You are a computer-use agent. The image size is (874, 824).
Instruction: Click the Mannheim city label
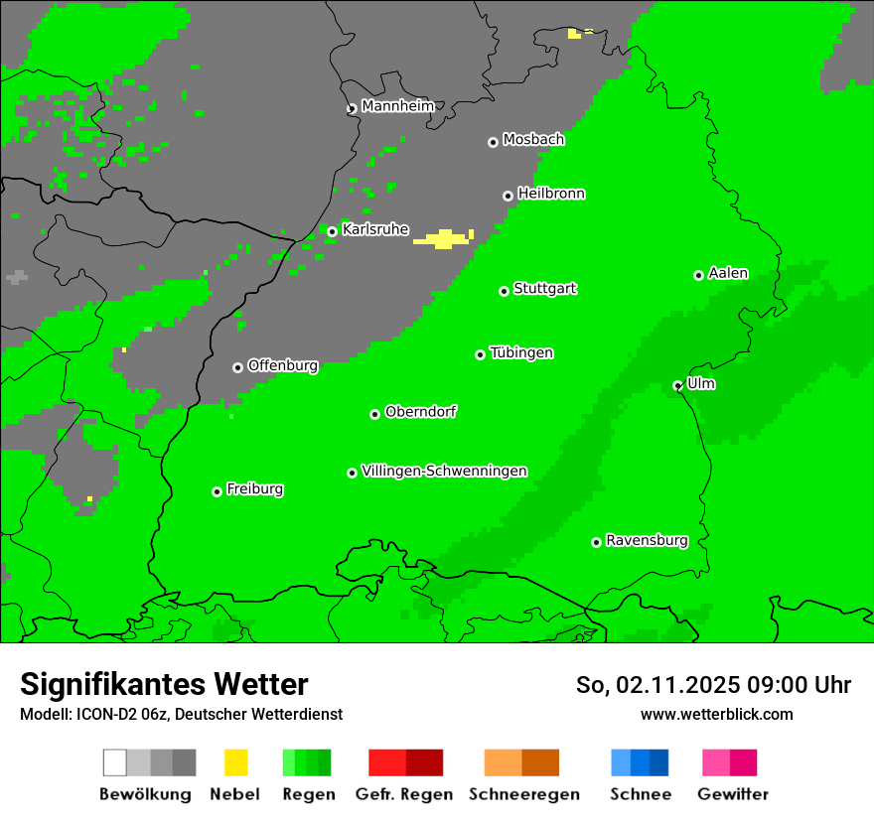click(x=397, y=106)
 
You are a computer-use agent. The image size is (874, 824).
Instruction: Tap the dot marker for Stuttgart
click(x=505, y=291)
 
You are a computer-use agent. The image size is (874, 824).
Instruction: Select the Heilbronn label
click(x=551, y=194)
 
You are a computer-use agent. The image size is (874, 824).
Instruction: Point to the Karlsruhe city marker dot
click(x=333, y=231)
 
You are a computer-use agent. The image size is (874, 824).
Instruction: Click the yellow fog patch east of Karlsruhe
click(x=443, y=238)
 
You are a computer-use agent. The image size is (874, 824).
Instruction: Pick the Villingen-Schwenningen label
click(x=444, y=471)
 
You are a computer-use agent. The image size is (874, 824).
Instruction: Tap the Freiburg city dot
click(x=217, y=491)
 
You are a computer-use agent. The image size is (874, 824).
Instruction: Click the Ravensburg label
click(x=647, y=540)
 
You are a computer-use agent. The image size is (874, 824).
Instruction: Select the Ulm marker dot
click(x=677, y=385)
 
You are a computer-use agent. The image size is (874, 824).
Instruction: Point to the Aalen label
click(x=728, y=273)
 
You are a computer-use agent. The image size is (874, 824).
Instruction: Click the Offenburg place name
click(x=283, y=365)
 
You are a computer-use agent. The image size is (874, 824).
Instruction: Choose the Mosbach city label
click(x=533, y=140)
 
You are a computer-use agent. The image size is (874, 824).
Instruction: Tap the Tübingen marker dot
click(x=481, y=354)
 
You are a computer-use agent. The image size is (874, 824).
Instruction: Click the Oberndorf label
click(x=421, y=412)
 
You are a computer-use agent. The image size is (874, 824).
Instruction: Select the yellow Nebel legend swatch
click(x=235, y=762)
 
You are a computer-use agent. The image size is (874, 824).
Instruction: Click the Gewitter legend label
click(x=733, y=794)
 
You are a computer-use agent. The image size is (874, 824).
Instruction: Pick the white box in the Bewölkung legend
click(x=115, y=762)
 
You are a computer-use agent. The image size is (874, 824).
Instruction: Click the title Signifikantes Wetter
click(x=164, y=685)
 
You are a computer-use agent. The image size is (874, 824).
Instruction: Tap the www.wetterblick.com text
click(x=716, y=714)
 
